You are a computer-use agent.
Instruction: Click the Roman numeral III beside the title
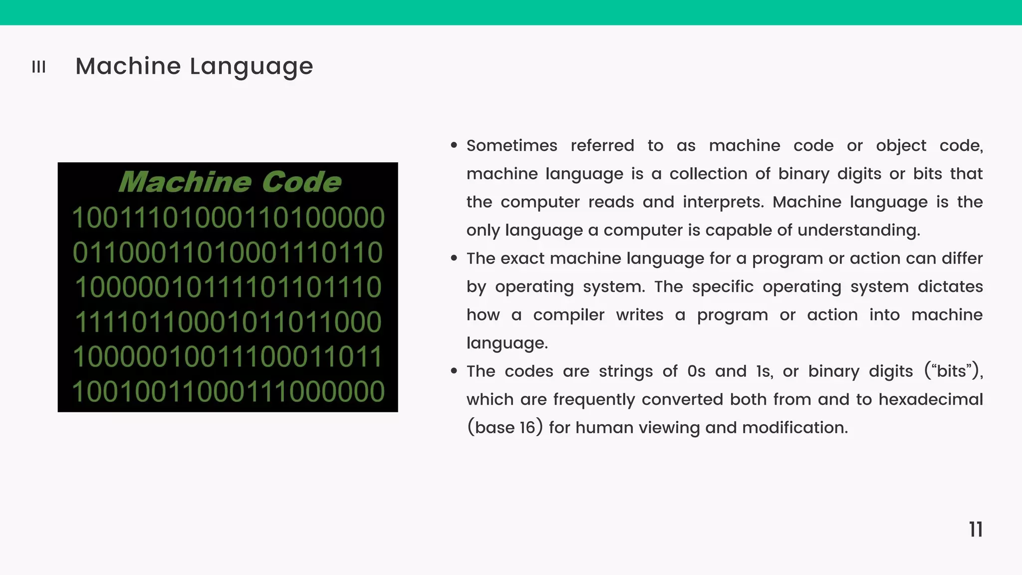coord(38,67)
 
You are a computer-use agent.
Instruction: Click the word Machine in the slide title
coord(128,66)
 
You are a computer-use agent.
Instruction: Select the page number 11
coord(976,530)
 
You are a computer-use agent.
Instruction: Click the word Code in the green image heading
coord(301,182)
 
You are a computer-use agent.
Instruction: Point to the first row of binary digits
coord(228,218)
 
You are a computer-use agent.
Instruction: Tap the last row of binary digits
coord(228,391)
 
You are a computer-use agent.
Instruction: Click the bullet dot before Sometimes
coord(454,145)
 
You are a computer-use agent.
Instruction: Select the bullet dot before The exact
coord(454,258)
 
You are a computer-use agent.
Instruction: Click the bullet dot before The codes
coord(454,371)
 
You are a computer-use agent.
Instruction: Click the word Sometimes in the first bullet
coord(511,146)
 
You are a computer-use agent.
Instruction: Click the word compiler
coord(568,315)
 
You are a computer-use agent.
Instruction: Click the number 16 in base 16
coord(527,428)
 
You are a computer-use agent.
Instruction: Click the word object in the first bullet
coord(901,146)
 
